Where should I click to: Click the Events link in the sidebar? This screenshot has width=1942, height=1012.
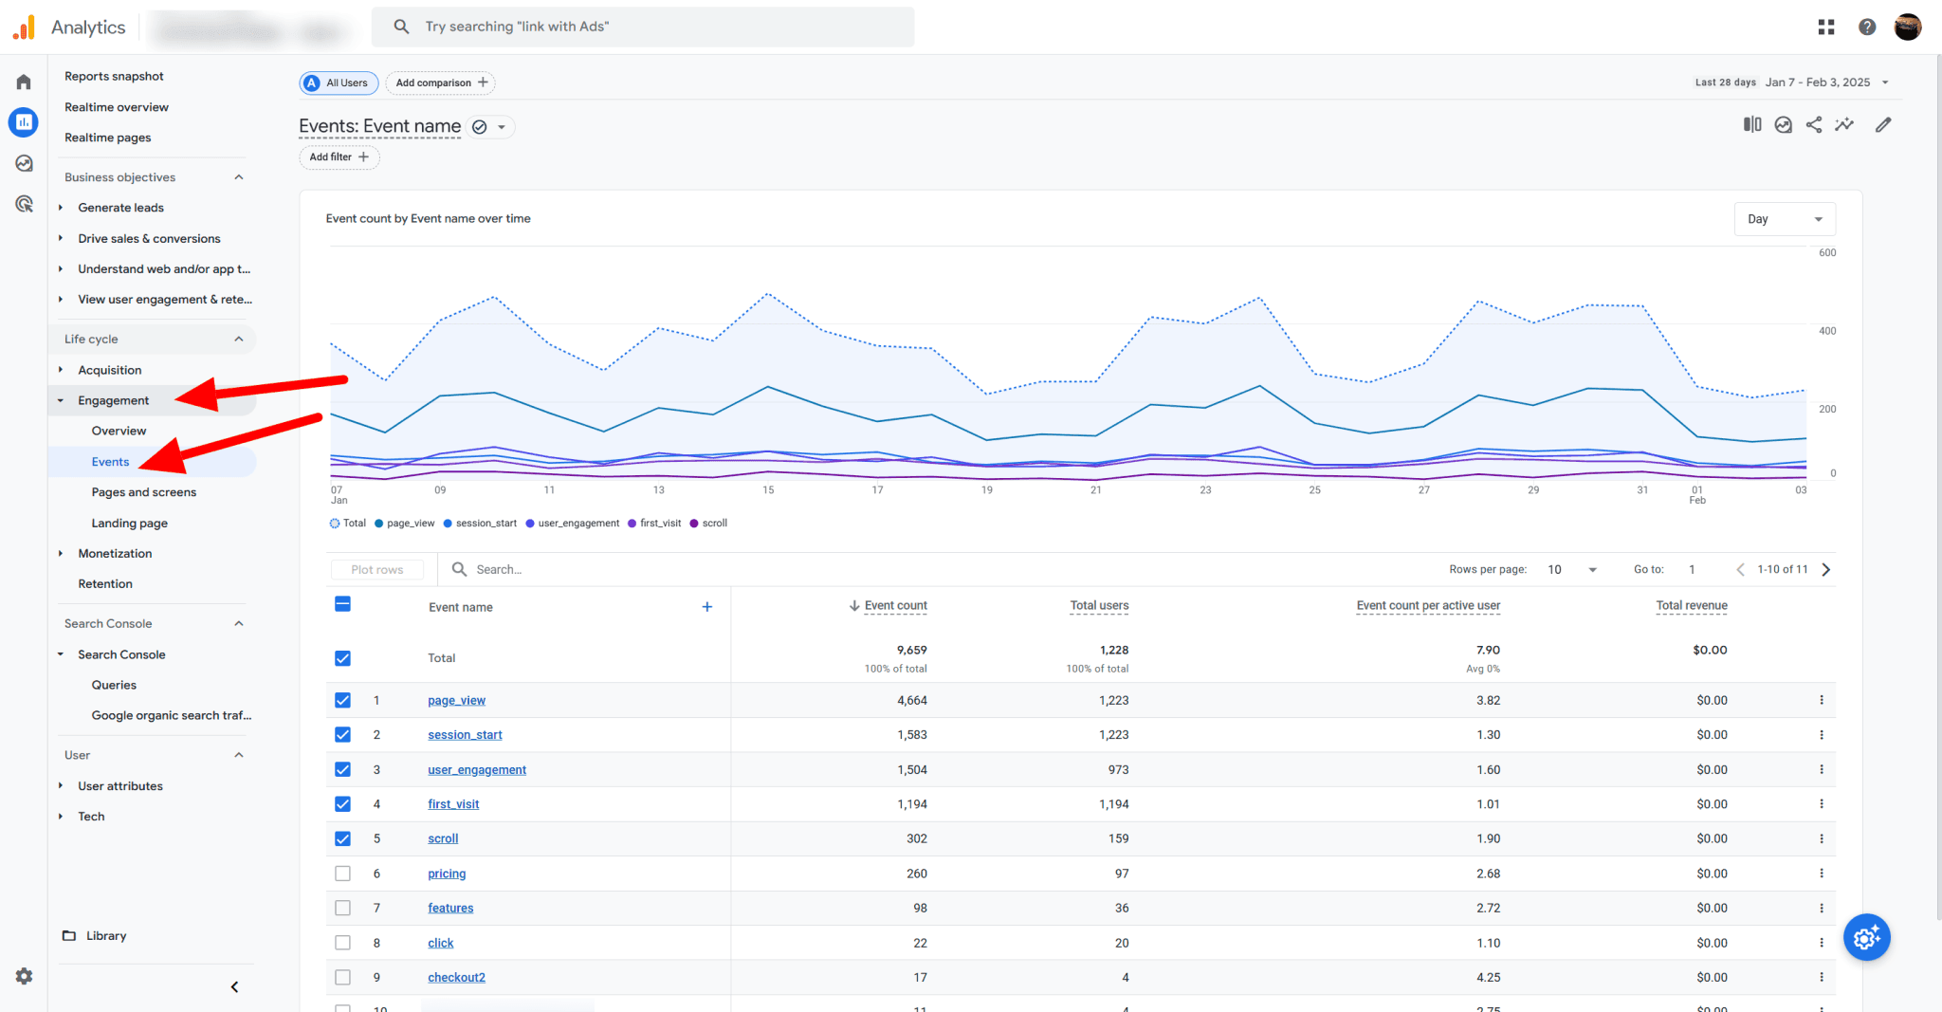pos(110,462)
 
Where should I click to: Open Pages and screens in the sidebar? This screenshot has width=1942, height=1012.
pos(143,492)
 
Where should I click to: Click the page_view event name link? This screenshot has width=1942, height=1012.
pos(456,700)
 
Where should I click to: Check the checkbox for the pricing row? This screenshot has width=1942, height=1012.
pos(343,874)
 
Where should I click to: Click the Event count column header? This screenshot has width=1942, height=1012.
pos(894,606)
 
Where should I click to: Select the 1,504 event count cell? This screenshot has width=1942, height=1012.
pos(911,769)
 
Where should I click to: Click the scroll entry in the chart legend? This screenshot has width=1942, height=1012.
pos(714,524)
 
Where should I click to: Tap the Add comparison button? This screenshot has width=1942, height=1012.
pos(440,83)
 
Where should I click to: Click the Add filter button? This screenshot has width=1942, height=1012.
pos(339,157)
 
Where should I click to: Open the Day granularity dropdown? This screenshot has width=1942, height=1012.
pos(1784,219)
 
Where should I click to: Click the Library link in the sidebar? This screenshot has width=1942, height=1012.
pos(105,935)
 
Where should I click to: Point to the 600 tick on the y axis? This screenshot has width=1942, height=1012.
pos(1826,253)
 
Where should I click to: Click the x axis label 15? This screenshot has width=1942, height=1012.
pos(768,490)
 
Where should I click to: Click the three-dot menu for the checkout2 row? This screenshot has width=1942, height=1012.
pos(1821,977)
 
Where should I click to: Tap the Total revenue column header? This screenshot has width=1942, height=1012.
pos(1691,606)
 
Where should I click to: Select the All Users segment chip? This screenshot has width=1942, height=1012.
pos(339,83)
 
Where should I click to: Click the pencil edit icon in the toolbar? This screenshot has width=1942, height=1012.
pos(1883,124)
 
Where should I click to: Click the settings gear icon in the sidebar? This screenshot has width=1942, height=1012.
pos(24,976)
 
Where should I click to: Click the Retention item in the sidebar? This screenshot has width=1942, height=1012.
pos(104,584)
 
